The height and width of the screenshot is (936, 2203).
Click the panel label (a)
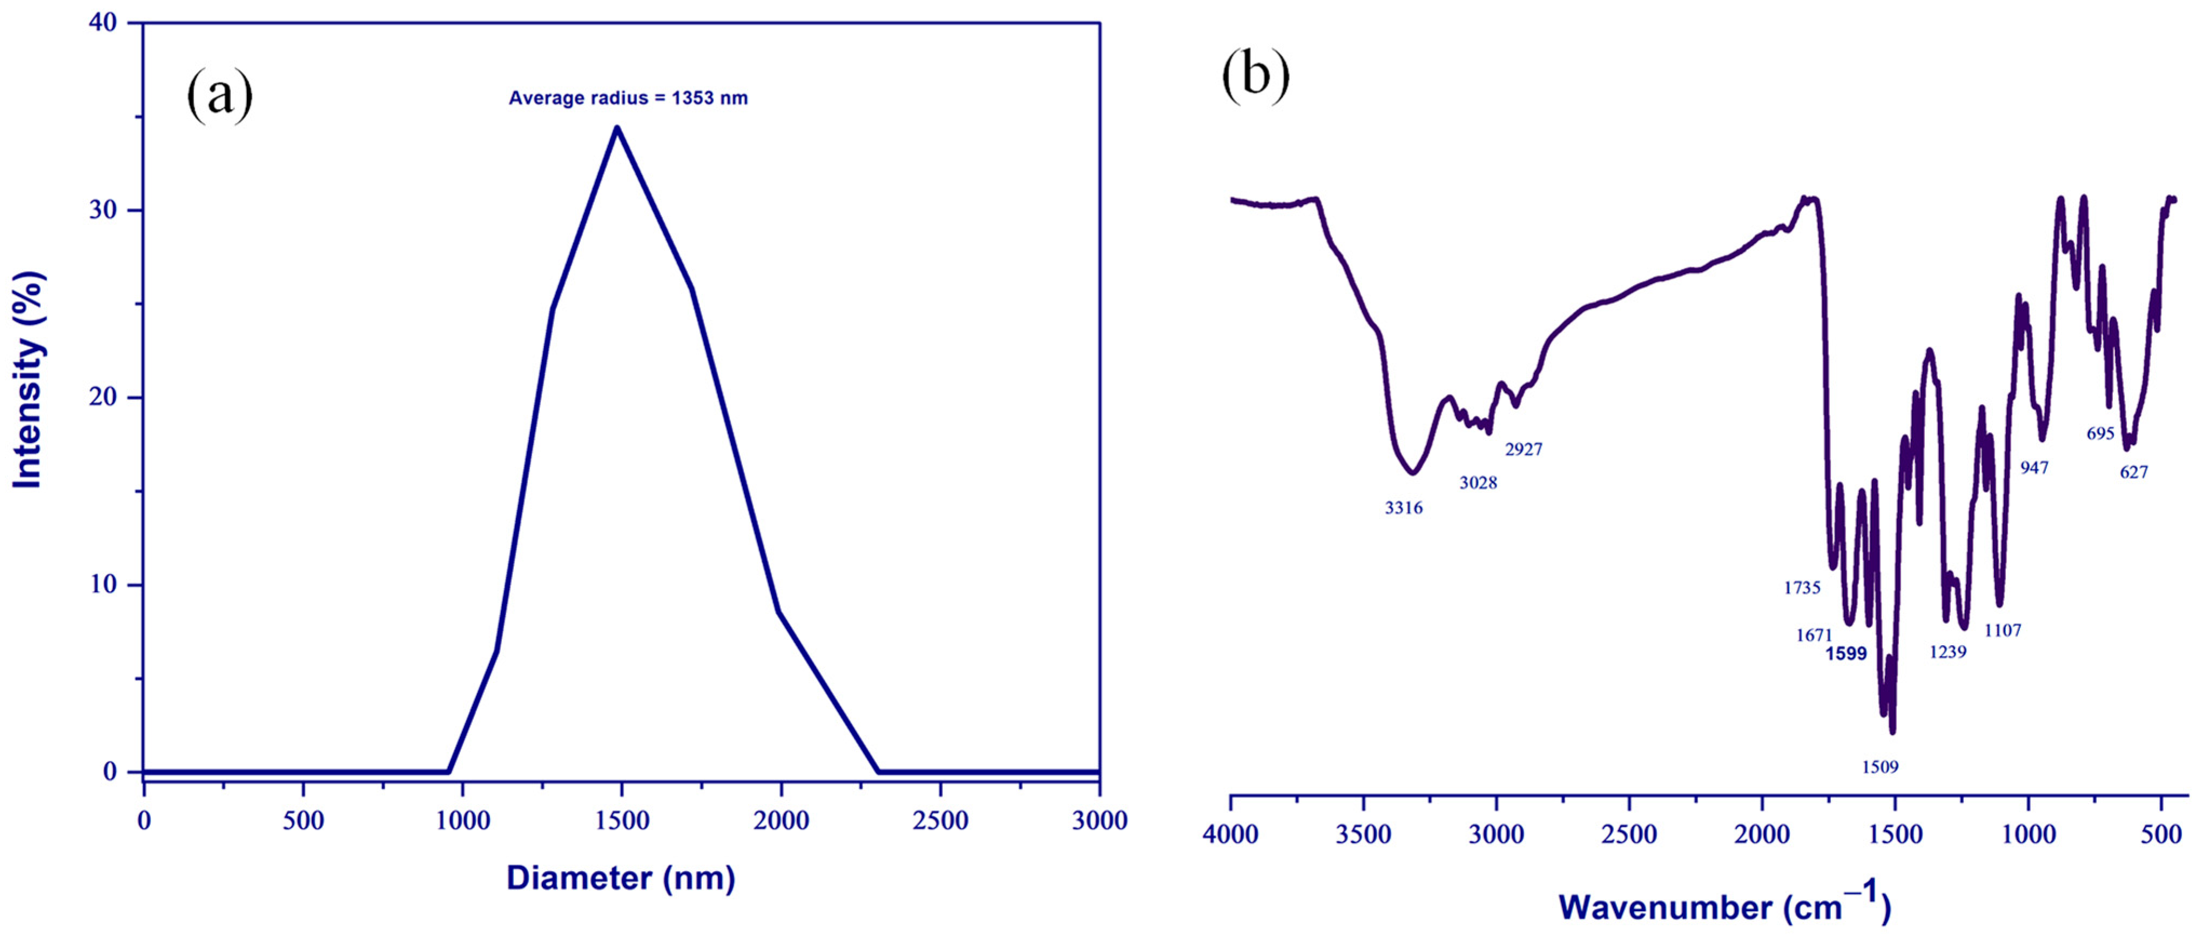220,95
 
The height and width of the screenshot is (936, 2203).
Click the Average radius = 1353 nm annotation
628,98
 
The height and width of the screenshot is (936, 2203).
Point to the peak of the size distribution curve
617,128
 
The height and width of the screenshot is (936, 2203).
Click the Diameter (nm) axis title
621,878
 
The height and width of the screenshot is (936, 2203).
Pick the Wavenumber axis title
1724,907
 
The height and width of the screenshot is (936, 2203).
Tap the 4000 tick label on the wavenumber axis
1231,834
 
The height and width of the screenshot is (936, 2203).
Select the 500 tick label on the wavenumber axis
2161,834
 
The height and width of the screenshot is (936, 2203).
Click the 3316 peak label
1403,508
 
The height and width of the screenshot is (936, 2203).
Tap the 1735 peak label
1802,588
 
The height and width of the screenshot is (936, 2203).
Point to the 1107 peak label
2003,631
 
